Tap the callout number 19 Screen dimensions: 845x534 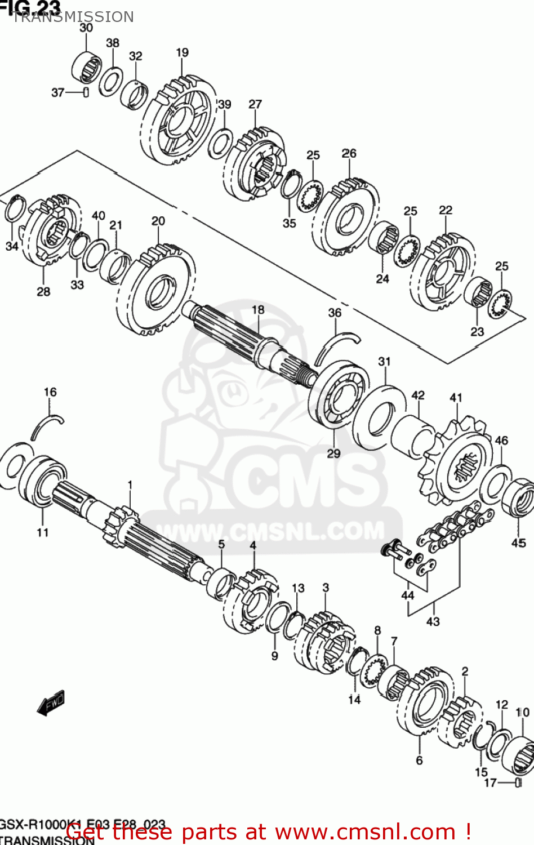(x=182, y=52)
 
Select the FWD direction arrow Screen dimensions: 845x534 (x=51, y=703)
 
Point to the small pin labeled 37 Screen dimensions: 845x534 (x=86, y=92)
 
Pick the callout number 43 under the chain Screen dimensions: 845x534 (x=433, y=621)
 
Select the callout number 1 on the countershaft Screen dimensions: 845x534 (x=130, y=485)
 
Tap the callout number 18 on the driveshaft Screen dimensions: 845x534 (x=258, y=309)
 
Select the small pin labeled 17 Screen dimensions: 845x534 (x=518, y=782)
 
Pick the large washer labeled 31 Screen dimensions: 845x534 (x=381, y=417)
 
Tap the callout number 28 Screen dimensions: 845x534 (x=43, y=291)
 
